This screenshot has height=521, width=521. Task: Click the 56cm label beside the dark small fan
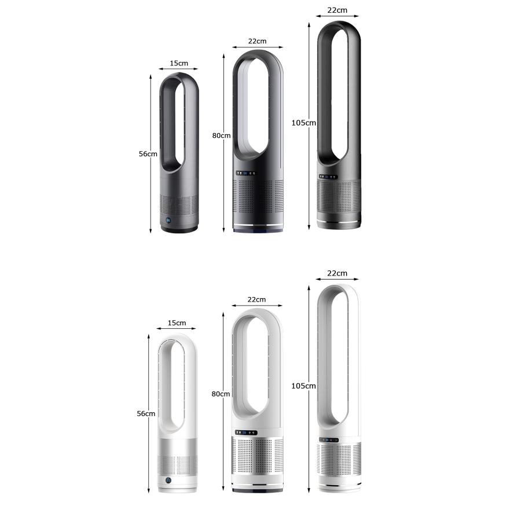(x=148, y=154)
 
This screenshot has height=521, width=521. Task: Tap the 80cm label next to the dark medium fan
(x=221, y=135)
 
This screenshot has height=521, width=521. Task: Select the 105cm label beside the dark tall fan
(x=304, y=123)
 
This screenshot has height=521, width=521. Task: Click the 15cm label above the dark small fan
(x=179, y=63)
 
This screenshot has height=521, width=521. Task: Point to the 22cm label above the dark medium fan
(x=257, y=41)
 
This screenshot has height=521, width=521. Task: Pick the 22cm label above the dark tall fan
(x=337, y=10)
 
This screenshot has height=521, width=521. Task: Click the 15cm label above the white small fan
(x=177, y=323)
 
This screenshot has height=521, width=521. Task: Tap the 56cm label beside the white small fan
(x=146, y=414)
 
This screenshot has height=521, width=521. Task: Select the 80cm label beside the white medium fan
(x=221, y=394)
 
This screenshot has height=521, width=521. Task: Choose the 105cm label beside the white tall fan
(x=303, y=386)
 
